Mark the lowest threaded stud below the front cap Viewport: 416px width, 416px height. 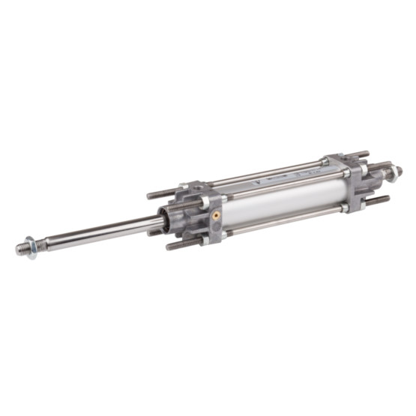coord(180,244)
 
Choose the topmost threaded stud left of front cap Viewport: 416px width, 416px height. coord(159,194)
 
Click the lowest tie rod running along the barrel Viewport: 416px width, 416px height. coord(285,220)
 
